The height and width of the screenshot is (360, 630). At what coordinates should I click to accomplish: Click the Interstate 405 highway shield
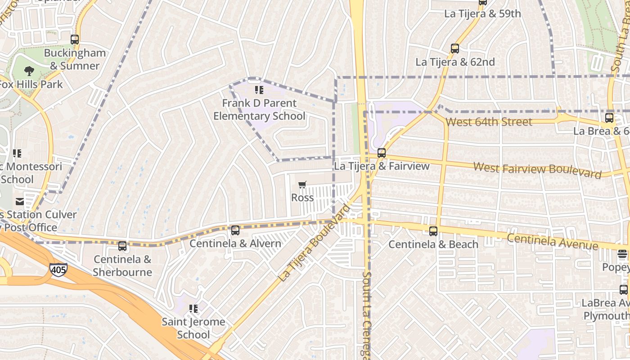(58, 270)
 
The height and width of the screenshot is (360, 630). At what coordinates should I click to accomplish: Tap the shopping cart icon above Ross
(302, 185)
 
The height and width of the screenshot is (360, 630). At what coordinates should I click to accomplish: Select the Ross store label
(302, 198)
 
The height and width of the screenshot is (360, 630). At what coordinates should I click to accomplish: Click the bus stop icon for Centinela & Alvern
(235, 230)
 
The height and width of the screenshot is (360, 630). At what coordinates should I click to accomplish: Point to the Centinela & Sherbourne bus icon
(122, 246)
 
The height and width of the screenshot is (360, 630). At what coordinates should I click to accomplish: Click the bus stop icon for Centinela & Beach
(433, 231)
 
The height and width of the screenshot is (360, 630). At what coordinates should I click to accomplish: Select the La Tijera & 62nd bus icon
(455, 49)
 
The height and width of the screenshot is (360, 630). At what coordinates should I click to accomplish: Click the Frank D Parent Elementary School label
(259, 110)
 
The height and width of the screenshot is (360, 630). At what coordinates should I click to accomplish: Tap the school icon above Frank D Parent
(259, 90)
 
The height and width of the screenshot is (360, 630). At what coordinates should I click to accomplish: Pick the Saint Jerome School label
(193, 328)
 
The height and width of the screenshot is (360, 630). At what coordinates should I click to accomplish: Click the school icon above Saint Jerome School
(193, 309)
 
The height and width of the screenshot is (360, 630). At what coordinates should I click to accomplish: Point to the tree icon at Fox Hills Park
(29, 71)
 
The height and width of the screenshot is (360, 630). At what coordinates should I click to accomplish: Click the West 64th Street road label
(489, 122)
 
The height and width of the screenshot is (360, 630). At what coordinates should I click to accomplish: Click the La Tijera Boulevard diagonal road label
(314, 243)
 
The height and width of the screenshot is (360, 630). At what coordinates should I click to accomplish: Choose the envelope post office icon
(20, 202)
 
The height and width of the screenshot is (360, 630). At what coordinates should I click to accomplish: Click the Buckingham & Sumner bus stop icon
(75, 40)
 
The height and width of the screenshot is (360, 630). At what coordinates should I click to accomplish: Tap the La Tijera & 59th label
(482, 14)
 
